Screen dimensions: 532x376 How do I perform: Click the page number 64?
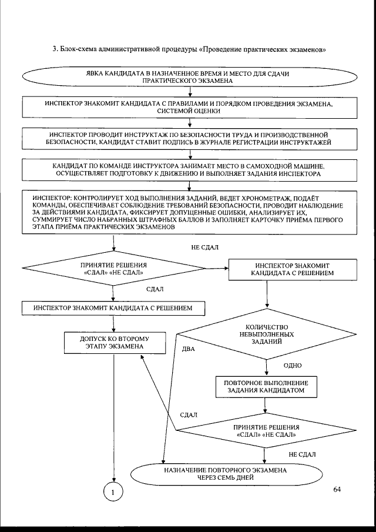pos(337,488)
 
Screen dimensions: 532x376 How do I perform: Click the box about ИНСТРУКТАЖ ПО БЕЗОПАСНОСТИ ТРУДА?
pos(189,139)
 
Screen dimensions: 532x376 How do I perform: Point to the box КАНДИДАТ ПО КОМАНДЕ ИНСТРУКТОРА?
pos(189,171)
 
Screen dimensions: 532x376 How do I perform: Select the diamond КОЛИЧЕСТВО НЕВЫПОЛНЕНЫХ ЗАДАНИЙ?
pos(267,334)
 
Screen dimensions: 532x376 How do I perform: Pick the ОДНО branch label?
pos(292,365)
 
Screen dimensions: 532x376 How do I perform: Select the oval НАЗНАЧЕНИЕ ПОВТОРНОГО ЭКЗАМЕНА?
pos(226,474)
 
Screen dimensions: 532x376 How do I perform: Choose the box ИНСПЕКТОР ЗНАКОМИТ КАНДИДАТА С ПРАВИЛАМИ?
pos(189,108)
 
